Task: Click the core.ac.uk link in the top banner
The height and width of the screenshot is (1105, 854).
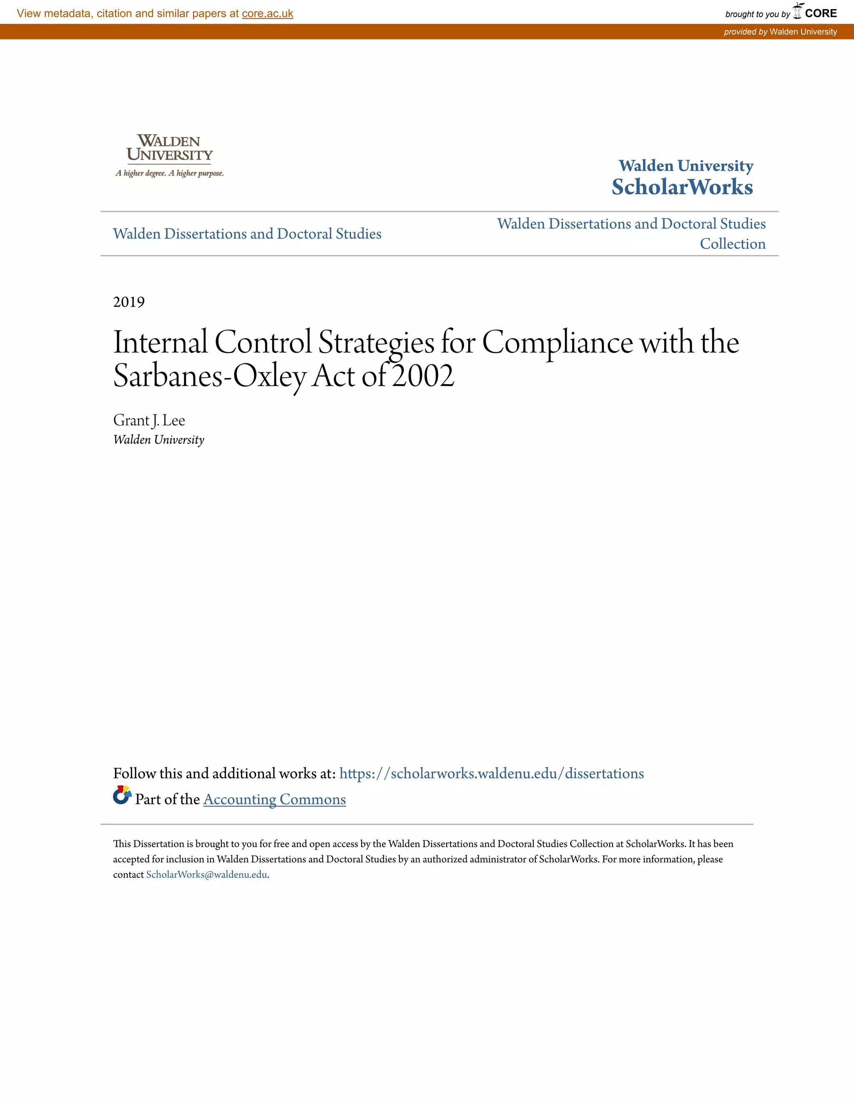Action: (267, 14)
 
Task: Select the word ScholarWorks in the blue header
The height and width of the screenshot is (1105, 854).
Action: (682, 187)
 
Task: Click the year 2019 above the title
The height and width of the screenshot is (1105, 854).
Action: (129, 302)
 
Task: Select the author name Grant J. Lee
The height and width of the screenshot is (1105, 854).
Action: (149, 420)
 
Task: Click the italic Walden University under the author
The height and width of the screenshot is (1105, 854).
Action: (158, 439)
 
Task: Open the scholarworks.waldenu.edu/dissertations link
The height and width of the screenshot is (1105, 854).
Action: (491, 773)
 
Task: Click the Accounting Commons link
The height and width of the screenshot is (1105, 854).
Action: (274, 799)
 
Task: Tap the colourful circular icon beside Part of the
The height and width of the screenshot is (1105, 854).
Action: (122, 795)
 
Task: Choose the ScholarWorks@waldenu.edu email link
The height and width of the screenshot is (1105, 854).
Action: (206, 875)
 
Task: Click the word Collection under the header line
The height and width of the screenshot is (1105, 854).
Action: (732, 244)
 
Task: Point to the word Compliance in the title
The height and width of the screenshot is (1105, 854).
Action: (557, 342)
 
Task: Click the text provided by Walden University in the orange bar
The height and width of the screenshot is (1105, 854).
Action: (780, 32)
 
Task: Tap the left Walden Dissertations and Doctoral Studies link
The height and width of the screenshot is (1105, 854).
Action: (247, 234)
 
